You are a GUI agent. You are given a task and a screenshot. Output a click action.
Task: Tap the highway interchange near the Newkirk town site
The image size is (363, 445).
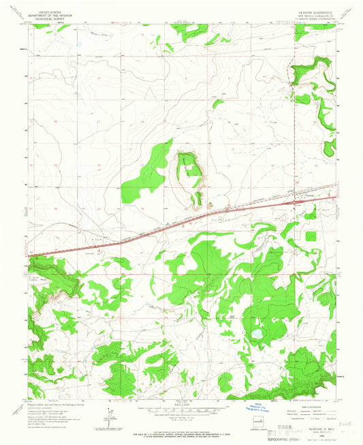(294, 202)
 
